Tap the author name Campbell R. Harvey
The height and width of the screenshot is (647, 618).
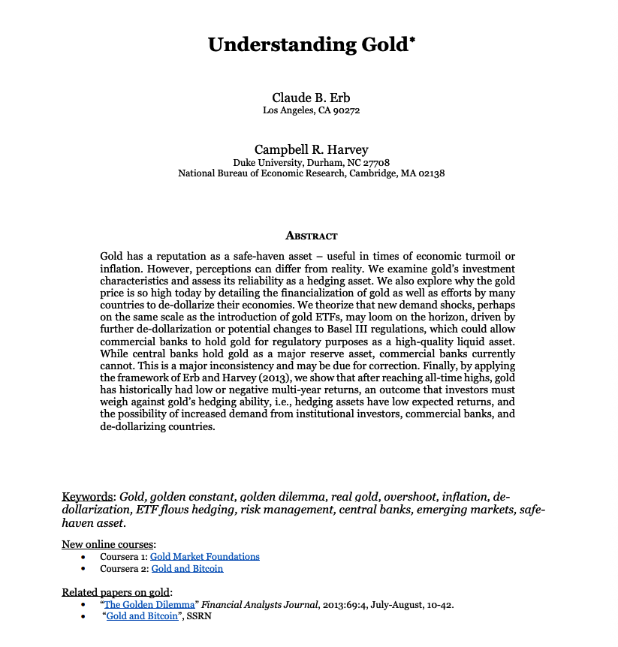[x=311, y=149]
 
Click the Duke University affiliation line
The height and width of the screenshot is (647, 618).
[x=311, y=162]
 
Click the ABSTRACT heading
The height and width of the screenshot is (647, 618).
[x=311, y=236]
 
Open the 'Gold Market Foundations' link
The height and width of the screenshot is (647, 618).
[x=204, y=557]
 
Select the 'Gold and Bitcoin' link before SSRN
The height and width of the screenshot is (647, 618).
[x=142, y=616]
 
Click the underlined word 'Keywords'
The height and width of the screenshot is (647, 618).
[x=88, y=497]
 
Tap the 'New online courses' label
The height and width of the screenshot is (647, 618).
[x=108, y=544]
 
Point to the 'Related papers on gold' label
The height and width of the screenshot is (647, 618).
[x=116, y=592]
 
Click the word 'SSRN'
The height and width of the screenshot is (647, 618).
[x=198, y=616]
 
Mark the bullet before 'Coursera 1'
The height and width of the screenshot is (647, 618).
[x=82, y=557]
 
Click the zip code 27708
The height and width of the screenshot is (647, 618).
[x=375, y=162]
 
